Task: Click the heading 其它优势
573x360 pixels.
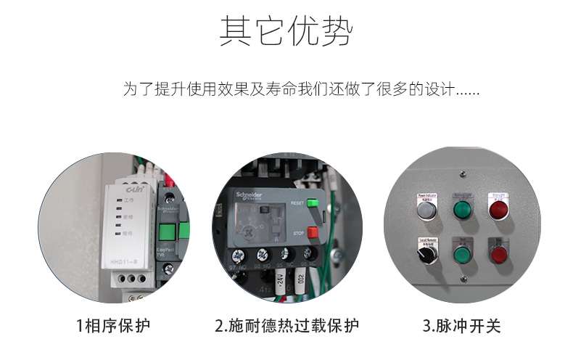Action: point(286,33)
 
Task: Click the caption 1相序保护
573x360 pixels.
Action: point(114,326)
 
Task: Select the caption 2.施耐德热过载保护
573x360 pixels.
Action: point(286,326)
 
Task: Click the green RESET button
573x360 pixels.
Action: point(313,203)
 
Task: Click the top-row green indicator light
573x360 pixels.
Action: point(462,210)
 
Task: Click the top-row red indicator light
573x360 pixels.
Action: point(498,210)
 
